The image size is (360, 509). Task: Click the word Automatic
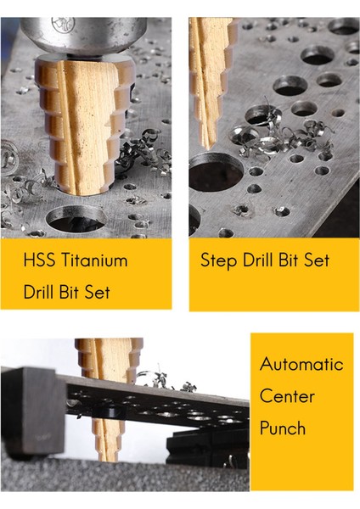point(301,364)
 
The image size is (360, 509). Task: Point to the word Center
point(287,396)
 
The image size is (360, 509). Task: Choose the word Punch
point(283,428)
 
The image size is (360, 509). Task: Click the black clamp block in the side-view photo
point(34,403)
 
